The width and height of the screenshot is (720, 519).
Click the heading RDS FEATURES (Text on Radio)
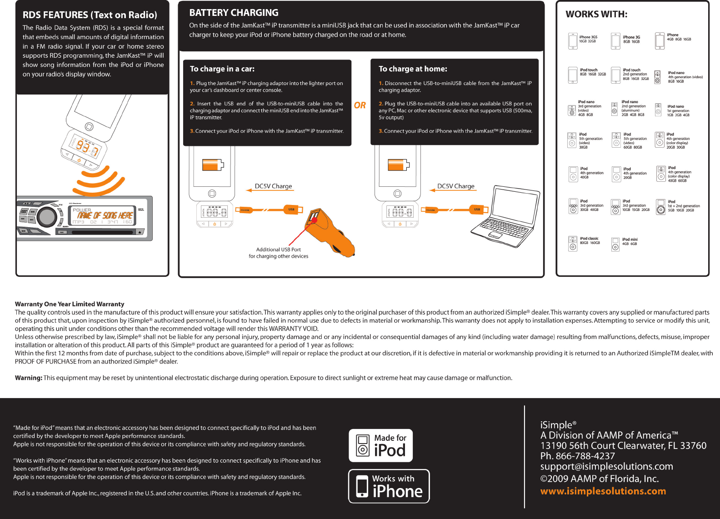90,15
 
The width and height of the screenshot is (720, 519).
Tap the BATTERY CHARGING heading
234,13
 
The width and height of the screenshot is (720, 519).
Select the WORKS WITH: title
596,14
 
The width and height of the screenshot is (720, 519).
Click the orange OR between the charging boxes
360,105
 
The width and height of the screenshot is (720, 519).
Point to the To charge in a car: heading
222,69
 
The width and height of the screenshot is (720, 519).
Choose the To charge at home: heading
413,69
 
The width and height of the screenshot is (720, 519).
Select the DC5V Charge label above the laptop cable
455,186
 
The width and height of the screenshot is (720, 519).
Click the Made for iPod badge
381,445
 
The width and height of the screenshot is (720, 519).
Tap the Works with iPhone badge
389,486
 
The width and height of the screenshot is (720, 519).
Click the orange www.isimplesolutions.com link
603,491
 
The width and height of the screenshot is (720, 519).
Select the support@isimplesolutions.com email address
606,466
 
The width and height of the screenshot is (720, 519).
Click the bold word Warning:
29,378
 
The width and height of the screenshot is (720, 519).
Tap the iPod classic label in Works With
589,239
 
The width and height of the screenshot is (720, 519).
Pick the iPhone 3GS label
588,37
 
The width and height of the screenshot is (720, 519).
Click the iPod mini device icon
615,244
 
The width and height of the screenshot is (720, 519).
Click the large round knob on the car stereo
47,217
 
